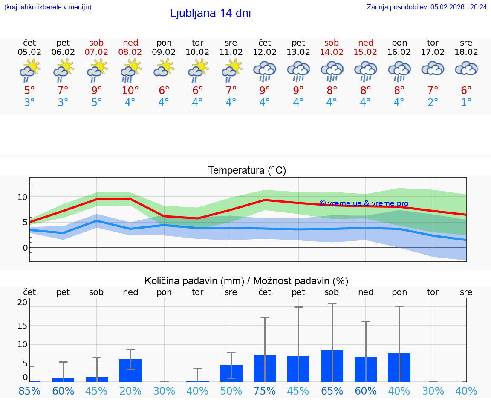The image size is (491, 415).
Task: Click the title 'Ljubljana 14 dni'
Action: (210, 13)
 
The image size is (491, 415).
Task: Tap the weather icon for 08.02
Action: (130, 71)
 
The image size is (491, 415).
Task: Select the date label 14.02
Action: (332, 52)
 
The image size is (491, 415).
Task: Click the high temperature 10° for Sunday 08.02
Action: (130, 91)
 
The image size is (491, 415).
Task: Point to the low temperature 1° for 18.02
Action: (466, 103)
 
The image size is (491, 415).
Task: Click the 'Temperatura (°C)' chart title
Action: (247, 171)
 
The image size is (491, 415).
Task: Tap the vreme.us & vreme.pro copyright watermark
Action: (364, 203)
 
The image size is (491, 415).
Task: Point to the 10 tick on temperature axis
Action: (22, 197)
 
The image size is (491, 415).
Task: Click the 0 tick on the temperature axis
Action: (25, 248)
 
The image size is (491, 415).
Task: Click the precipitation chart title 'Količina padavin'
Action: (246, 281)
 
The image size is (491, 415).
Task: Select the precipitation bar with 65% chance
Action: (332, 366)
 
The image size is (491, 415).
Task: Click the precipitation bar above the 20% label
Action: (130, 370)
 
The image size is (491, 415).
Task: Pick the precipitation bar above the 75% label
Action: (265, 368)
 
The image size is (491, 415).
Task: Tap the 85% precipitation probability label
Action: (29, 391)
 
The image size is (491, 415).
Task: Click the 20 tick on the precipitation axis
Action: (22, 303)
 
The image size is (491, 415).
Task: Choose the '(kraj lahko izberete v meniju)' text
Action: (48, 7)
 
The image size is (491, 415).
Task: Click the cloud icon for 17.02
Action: (433, 69)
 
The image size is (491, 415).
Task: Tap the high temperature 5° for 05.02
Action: (29, 91)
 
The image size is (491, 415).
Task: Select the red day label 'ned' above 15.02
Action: (366, 43)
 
